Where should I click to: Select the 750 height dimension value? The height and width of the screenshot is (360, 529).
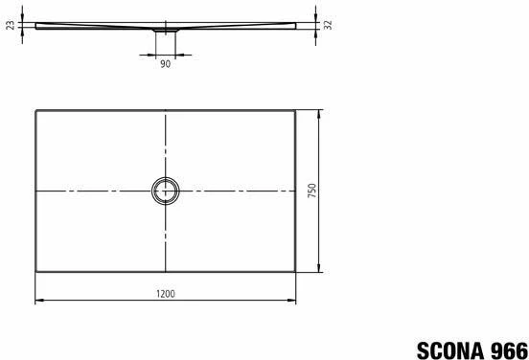point(311,191)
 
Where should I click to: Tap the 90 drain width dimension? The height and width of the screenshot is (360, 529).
point(165,65)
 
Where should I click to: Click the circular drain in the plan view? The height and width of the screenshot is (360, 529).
point(165,191)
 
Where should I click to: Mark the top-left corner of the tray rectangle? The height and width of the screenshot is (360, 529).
point(35,111)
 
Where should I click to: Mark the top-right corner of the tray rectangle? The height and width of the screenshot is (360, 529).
point(295,111)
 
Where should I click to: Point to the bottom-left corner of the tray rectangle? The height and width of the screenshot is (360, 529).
point(35,271)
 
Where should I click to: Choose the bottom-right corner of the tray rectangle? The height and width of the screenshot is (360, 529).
point(295,271)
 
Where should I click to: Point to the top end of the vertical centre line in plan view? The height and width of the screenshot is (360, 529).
point(165,113)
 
